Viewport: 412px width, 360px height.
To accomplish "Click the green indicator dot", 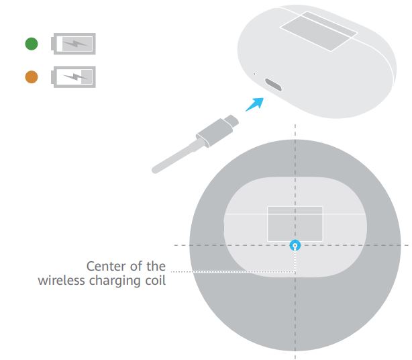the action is point(32,44).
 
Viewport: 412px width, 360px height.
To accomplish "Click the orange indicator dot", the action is point(32,77).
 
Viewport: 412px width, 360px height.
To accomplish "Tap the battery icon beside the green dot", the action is point(73,44).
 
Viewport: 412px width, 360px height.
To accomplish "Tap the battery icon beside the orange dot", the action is point(73,77).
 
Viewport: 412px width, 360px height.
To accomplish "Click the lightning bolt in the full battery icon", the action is point(75,44).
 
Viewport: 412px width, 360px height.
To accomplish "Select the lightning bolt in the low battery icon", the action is point(75,77).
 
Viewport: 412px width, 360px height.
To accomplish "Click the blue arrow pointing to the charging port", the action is point(255,104).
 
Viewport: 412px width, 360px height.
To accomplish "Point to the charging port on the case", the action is point(273,85).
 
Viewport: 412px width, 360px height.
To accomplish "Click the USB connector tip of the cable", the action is point(231,120).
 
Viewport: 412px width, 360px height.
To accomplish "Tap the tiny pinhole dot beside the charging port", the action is point(254,74).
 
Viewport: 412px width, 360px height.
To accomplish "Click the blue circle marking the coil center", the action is point(295,246).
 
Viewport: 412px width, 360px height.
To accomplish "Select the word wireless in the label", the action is point(61,280).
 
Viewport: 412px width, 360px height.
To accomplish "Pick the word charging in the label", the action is point(115,281).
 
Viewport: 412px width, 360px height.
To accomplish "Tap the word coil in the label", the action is point(156,280).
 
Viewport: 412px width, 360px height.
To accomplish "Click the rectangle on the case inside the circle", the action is point(295,224).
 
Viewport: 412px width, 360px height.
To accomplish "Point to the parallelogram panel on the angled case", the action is point(319,32).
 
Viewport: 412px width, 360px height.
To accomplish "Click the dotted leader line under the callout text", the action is point(233,271).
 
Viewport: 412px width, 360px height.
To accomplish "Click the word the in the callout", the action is point(156,266).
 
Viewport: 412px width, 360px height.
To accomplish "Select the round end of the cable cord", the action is point(155,170).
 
